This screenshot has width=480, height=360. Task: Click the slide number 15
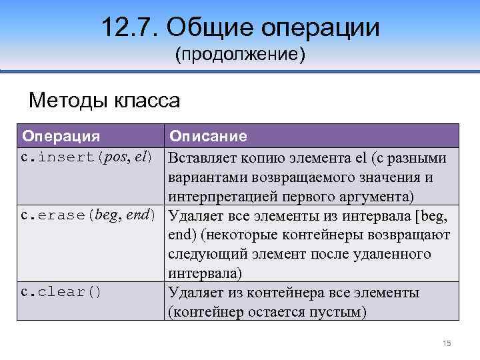[x=447, y=343]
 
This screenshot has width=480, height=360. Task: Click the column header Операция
[x=61, y=136]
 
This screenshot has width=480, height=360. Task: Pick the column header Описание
[x=208, y=136]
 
